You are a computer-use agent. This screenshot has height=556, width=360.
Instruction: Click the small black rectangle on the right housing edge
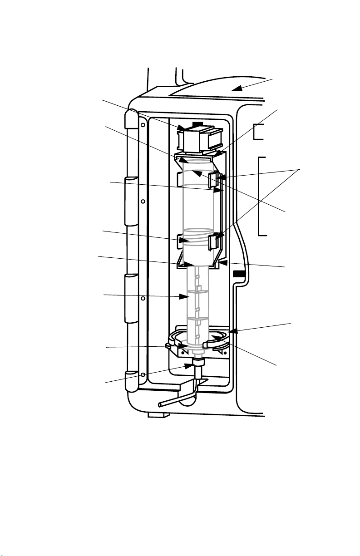pyautogui.click(x=238, y=274)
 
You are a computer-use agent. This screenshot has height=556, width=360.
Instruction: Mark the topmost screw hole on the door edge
pyautogui.click(x=143, y=123)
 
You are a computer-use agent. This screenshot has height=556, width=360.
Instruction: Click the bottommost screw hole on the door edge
pyautogui.click(x=143, y=374)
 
